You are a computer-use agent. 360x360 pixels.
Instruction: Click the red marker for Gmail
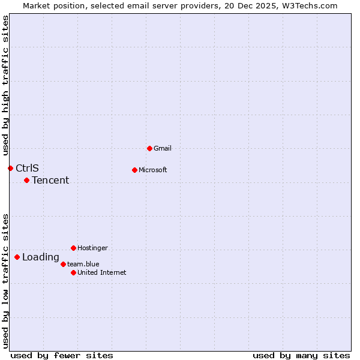[149, 148]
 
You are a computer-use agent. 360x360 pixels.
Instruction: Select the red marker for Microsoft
[134, 170]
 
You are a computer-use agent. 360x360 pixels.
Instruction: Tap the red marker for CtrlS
[10, 168]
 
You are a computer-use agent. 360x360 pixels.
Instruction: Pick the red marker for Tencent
[26, 180]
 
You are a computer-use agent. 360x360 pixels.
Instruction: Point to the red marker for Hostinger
[73, 248]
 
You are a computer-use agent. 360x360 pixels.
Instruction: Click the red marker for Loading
[17, 257]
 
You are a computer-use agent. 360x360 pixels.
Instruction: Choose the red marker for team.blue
[63, 264]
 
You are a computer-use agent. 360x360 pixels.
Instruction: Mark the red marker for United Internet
[73, 272]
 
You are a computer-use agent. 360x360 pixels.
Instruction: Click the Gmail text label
[163, 148]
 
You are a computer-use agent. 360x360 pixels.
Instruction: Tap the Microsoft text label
[153, 170]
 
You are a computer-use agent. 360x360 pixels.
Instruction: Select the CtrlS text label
[27, 168]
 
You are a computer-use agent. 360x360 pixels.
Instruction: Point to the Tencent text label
[50, 180]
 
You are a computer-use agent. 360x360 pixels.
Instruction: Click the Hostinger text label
[92, 248]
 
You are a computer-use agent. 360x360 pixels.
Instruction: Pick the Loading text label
[41, 257]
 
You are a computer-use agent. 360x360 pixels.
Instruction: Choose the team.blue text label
[83, 264]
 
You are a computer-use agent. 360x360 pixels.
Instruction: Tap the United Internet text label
[102, 272]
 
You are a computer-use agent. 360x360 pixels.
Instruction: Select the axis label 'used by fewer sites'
[62, 355]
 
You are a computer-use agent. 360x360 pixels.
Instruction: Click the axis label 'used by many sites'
[301, 355]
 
